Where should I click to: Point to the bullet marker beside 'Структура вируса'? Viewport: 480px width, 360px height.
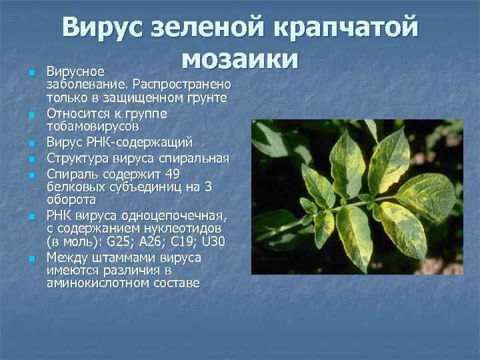[x=31, y=159]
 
